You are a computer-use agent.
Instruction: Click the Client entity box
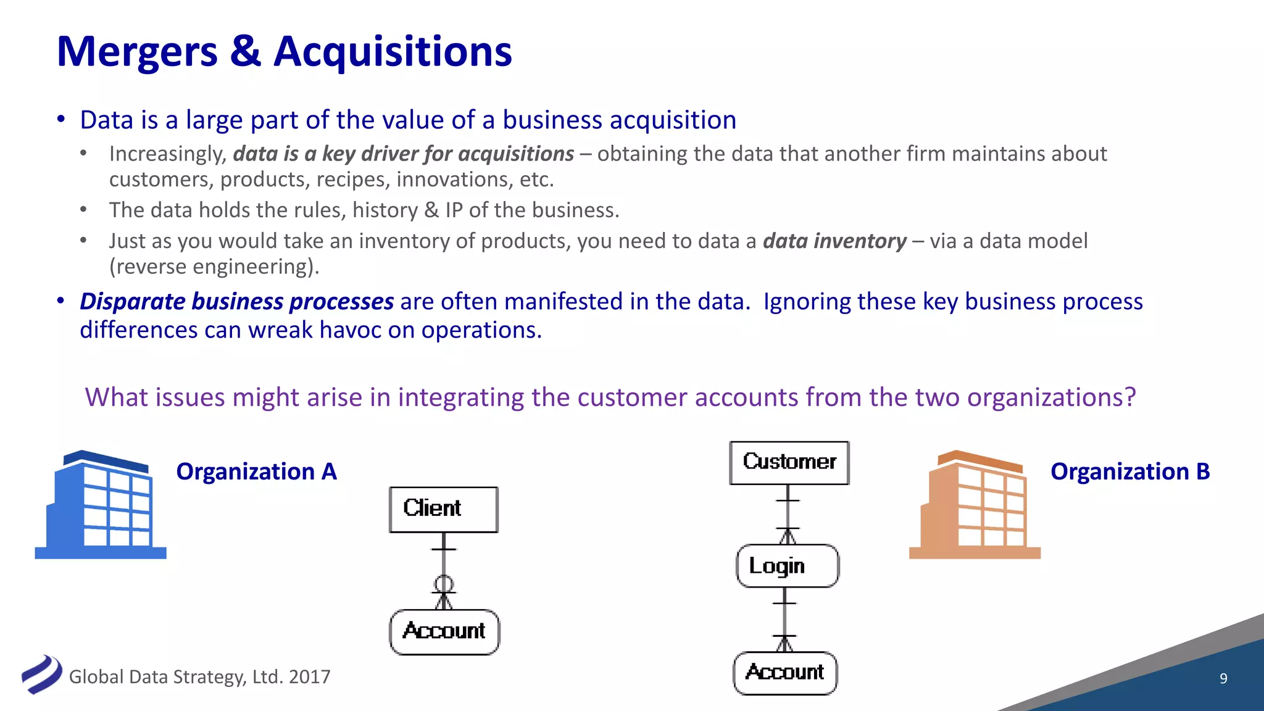443,509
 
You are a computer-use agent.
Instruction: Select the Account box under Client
444,632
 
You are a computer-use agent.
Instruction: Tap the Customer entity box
789,462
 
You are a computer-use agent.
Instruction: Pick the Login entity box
788,566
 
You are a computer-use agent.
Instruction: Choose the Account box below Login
785,673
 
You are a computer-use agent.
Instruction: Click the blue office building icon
101,505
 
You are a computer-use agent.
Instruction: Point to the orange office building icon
975,505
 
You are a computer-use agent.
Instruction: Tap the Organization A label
256,472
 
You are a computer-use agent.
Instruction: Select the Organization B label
1130,472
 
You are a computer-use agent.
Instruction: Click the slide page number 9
1223,679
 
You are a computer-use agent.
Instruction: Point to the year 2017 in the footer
309,677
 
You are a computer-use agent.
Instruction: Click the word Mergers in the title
137,51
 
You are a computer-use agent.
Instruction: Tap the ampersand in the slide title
246,51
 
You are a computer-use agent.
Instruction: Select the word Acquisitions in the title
393,51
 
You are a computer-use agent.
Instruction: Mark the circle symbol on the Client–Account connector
444,583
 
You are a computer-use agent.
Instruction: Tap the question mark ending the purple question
1130,397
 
